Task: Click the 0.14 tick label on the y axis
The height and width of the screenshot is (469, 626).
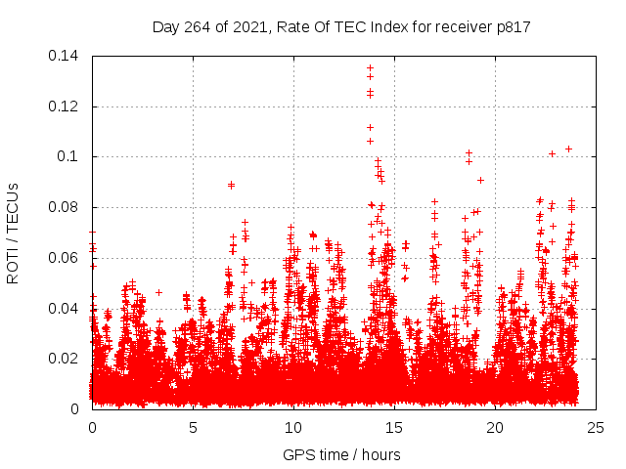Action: click(x=67, y=56)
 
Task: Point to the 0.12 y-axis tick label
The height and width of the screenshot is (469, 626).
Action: click(x=67, y=106)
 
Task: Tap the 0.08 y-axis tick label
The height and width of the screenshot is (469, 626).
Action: click(x=67, y=207)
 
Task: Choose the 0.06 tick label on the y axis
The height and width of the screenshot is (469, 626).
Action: click(x=67, y=258)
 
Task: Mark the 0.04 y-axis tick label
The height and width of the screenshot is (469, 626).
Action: click(x=67, y=309)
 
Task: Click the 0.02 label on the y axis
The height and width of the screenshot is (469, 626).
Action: click(x=67, y=359)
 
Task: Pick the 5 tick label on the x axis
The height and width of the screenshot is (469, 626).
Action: click(x=193, y=427)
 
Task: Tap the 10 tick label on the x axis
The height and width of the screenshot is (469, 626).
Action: click(x=293, y=427)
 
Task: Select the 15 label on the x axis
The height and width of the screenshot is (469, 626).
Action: click(x=394, y=427)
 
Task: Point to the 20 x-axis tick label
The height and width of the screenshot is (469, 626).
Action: click(x=495, y=427)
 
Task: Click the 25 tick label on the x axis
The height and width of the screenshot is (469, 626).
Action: click(x=596, y=427)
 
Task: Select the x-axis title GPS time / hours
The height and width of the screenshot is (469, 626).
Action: click(x=341, y=454)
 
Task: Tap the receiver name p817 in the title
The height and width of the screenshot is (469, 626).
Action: click(x=513, y=26)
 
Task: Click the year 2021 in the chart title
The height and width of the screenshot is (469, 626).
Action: click(x=251, y=26)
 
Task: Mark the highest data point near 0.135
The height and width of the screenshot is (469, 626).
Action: click(x=370, y=67)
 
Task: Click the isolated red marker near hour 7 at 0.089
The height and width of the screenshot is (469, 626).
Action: click(x=232, y=185)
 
